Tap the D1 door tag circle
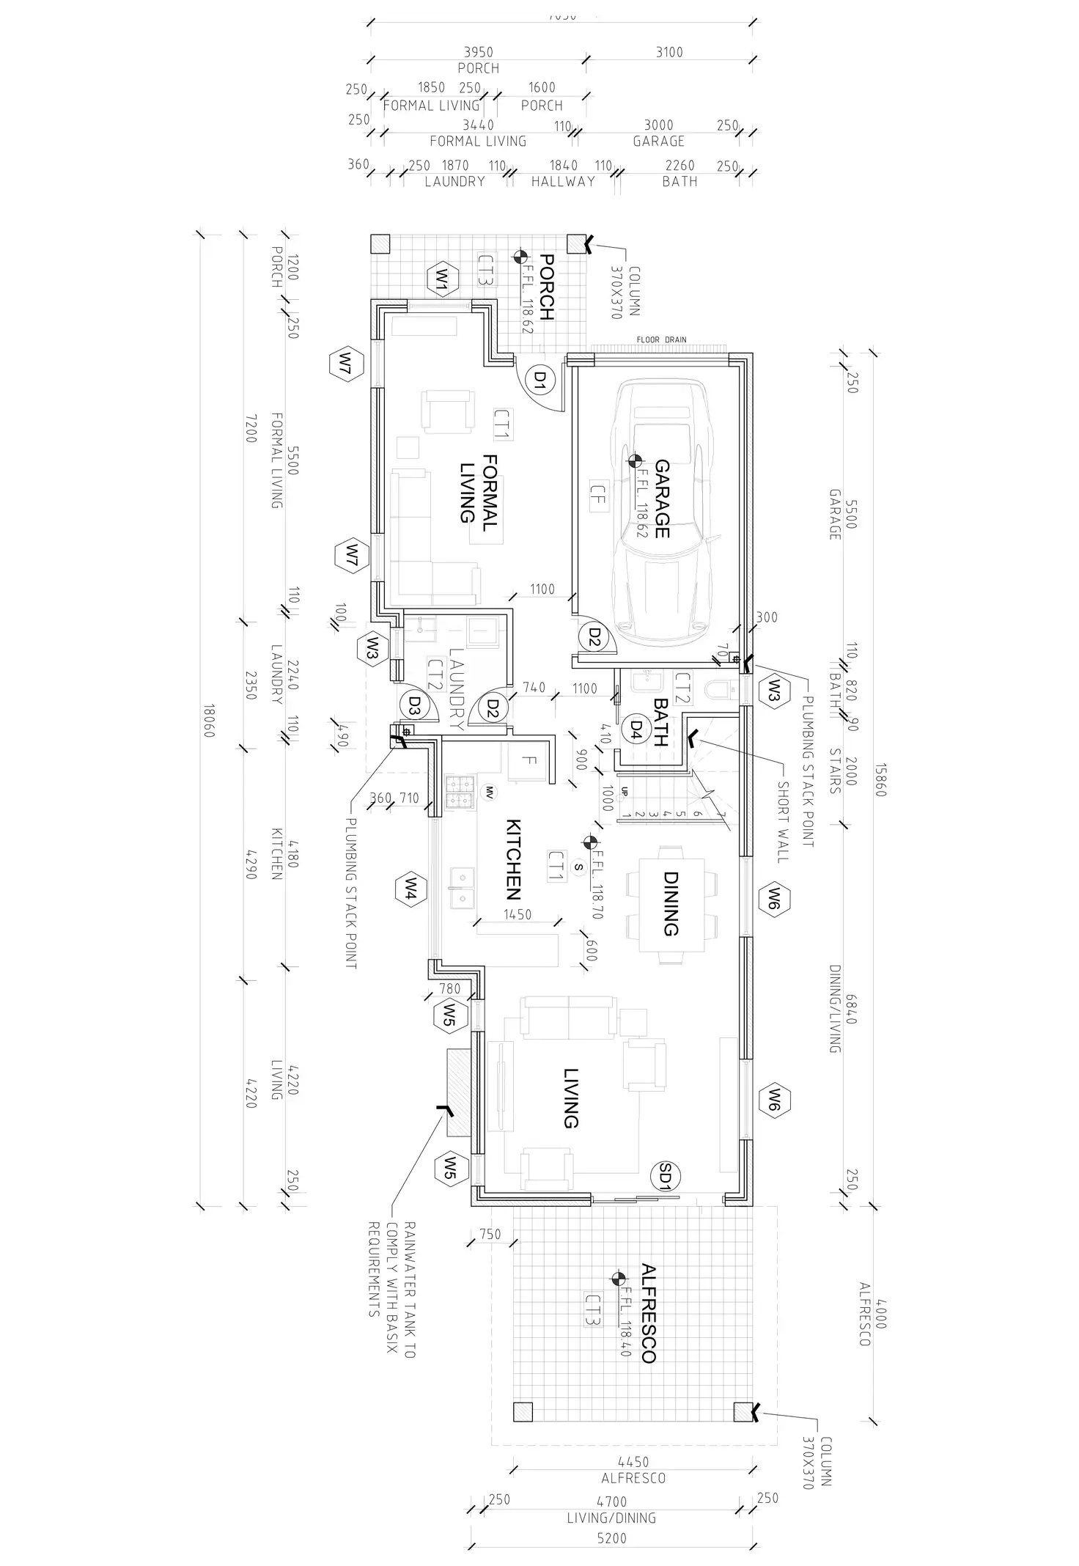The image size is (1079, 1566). point(540,379)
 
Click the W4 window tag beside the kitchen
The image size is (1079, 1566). point(410,890)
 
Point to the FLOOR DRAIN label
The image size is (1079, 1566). point(661,339)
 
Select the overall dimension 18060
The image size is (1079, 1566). point(209,721)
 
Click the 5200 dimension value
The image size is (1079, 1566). point(611,1538)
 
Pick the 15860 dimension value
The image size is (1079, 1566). point(880,781)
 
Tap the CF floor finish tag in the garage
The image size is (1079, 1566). point(597,500)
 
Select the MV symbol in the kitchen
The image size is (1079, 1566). point(487,792)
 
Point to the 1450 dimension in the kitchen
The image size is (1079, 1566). point(518,914)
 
